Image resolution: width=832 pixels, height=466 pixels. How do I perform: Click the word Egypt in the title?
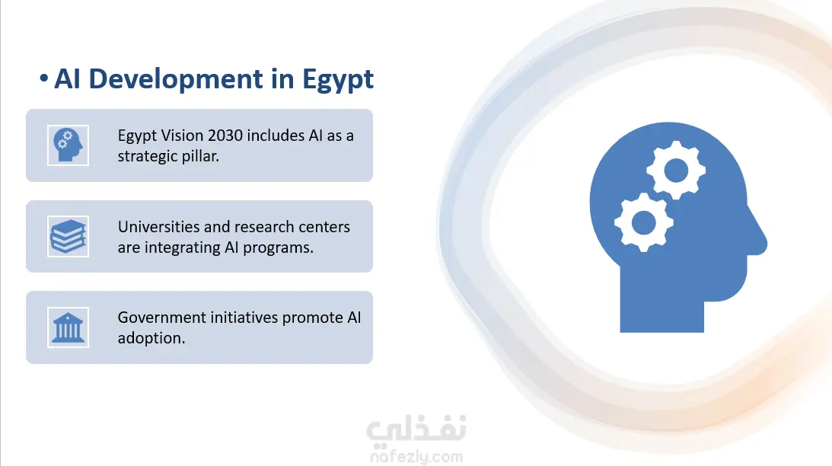[x=337, y=80]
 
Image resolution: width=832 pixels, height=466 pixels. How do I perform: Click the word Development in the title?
[x=176, y=79]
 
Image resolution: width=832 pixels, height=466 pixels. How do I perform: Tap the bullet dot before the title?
[x=44, y=79]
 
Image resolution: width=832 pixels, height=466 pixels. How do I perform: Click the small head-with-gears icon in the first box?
[x=68, y=145]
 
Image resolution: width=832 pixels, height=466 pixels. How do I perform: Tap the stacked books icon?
[x=68, y=236]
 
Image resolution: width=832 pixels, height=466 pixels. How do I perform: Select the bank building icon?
[x=68, y=327]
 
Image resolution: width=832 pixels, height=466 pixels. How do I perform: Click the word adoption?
[x=151, y=339]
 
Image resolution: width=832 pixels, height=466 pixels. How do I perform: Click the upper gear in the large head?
[x=676, y=171]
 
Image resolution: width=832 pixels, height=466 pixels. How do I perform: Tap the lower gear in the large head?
[x=644, y=222]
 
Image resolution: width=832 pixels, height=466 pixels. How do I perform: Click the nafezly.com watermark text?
[x=416, y=456]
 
